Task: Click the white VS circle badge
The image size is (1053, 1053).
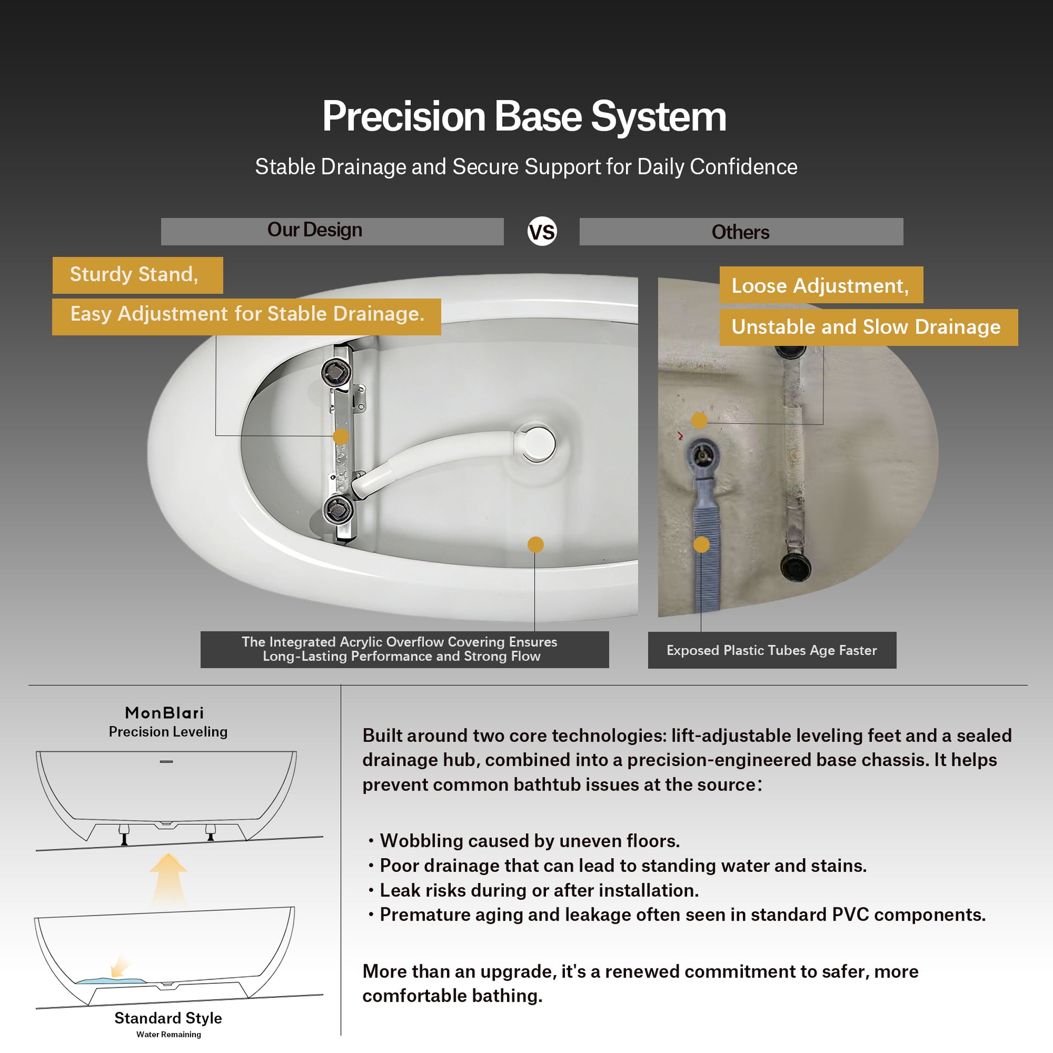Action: coord(542,232)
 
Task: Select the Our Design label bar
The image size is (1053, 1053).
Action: coord(332,231)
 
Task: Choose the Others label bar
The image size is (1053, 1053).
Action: coord(741,232)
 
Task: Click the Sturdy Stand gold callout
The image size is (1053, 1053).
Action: coord(137,275)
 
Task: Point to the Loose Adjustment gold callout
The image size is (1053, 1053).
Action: coord(821,285)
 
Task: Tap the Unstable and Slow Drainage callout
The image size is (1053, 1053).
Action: coord(868,327)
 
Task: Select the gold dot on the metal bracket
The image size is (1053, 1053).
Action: coord(341,436)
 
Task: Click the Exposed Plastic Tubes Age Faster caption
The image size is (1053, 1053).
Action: coord(772,650)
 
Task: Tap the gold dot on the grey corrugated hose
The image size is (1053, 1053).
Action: coord(701,544)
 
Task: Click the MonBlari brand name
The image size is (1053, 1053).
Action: coord(164,713)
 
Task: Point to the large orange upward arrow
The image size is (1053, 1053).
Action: coord(169,879)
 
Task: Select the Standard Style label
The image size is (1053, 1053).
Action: coord(168,1018)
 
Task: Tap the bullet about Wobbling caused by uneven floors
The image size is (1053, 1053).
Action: coord(524,841)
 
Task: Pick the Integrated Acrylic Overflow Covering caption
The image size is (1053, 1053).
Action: coord(404,649)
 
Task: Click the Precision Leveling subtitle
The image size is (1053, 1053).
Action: coord(168,732)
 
